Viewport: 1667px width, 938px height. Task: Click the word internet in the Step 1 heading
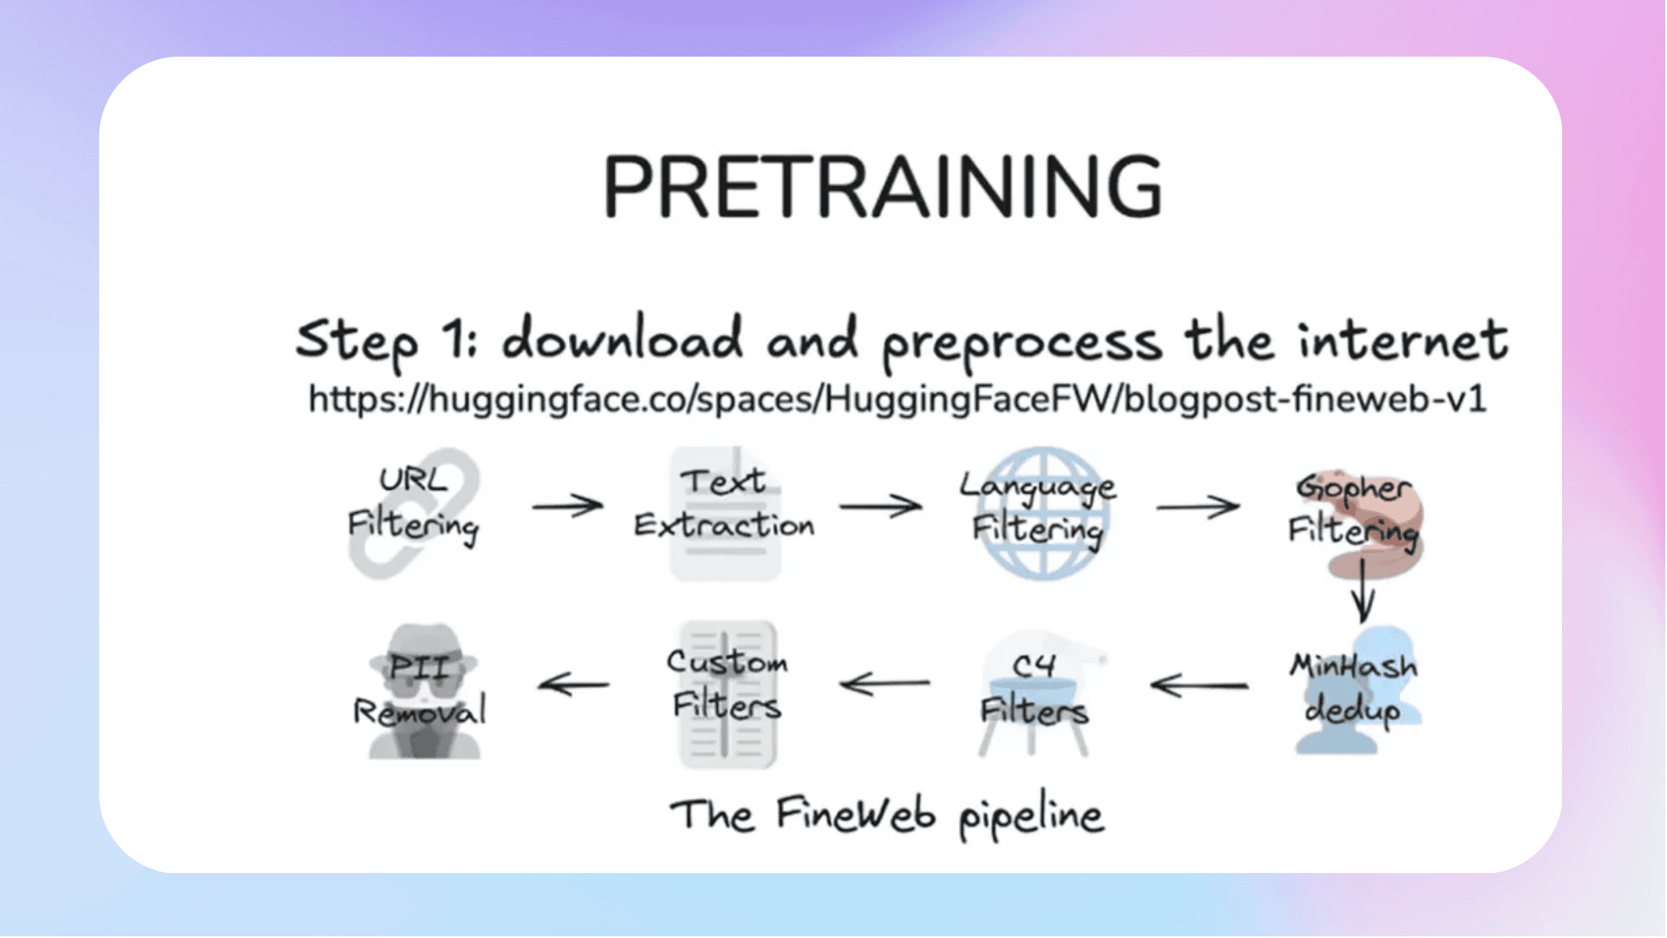coord(1403,341)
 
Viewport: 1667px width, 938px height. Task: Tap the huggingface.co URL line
coord(897,399)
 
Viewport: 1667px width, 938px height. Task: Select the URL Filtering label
coord(413,503)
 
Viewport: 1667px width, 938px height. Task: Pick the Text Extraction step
coord(724,503)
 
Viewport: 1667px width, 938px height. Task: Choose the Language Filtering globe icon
coord(1042,513)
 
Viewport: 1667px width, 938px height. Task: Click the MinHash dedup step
coord(1355,688)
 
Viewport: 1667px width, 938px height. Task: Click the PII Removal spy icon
coord(424,691)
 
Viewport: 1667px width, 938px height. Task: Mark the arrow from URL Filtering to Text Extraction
coord(567,505)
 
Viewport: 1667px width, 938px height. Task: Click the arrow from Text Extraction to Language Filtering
coord(881,506)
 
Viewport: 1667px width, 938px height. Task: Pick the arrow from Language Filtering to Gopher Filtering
coord(1198,506)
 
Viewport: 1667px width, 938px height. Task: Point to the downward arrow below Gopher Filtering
coord(1363,591)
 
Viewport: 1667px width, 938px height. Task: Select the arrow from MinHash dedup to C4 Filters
coord(1199,686)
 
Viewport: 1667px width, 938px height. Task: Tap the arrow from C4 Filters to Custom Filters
coord(885,684)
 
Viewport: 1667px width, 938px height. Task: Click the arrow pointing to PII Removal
coord(573,685)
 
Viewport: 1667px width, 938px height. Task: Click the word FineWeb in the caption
coord(856,814)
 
